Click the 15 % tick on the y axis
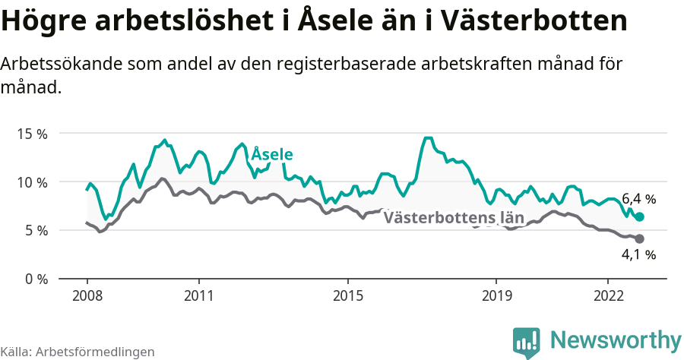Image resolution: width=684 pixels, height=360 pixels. point(32,134)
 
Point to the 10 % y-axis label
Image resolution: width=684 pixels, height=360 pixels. point(32,182)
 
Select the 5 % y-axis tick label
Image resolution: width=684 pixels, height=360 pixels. point(36,230)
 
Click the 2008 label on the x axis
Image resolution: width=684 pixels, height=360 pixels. point(87,295)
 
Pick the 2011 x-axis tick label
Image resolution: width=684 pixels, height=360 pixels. point(198,295)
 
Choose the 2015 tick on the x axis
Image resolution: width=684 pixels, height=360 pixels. point(347,295)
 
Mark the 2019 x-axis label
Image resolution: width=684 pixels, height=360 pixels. point(496,295)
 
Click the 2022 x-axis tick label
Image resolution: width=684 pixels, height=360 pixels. point(608,295)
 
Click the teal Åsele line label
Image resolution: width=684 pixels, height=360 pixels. point(272,155)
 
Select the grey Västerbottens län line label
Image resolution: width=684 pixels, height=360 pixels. point(454,218)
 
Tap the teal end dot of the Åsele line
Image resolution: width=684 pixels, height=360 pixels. point(639,217)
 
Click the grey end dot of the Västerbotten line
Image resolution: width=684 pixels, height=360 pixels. point(639,239)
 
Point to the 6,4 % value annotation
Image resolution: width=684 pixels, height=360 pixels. point(638,199)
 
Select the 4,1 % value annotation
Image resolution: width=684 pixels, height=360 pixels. point(638,255)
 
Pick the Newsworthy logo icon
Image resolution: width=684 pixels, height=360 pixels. point(527,342)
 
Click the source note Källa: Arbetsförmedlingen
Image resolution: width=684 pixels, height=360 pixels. point(78,352)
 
